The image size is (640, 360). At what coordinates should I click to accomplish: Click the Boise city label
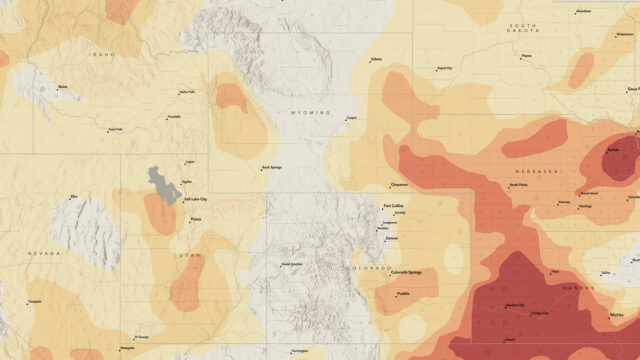coord(68,87)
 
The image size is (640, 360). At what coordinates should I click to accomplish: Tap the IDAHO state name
coord(102,54)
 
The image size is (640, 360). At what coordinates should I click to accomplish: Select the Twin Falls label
coord(117,129)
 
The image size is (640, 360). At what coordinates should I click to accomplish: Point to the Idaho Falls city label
coord(187,92)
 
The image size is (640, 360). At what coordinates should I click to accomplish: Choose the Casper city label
coord(351,119)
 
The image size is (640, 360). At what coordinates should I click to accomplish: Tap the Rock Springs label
coord(272,167)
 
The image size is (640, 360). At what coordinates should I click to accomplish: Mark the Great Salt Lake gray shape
coord(160,183)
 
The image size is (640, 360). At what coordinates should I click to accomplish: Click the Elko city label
coord(73,197)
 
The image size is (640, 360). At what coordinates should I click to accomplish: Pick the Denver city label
coord(391,238)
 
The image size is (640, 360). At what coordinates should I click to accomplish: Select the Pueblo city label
coord(404,293)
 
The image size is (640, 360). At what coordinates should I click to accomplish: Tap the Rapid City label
coord(444,68)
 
